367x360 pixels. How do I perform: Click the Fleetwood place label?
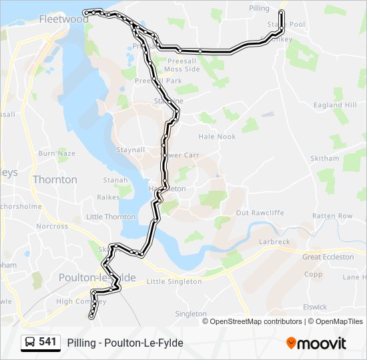point(63,19)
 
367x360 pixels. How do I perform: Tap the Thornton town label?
point(55,179)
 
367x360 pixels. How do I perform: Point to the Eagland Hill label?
point(336,105)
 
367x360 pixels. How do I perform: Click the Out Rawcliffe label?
point(241,213)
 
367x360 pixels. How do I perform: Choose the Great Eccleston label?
point(328,257)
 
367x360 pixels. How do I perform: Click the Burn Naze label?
point(57,153)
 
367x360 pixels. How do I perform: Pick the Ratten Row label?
point(332,216)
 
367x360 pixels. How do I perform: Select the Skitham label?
point(325,158)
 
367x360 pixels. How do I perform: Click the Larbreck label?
point(274,241)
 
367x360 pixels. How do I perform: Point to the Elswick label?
point(314,307)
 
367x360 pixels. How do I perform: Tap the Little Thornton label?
point(111,217)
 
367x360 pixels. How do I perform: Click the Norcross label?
point(52,226)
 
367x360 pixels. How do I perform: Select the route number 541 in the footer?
point(47,342)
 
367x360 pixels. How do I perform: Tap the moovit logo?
point(316,343)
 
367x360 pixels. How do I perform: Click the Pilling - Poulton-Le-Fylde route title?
point(125,343)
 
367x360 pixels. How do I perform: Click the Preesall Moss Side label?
point(181,65)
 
